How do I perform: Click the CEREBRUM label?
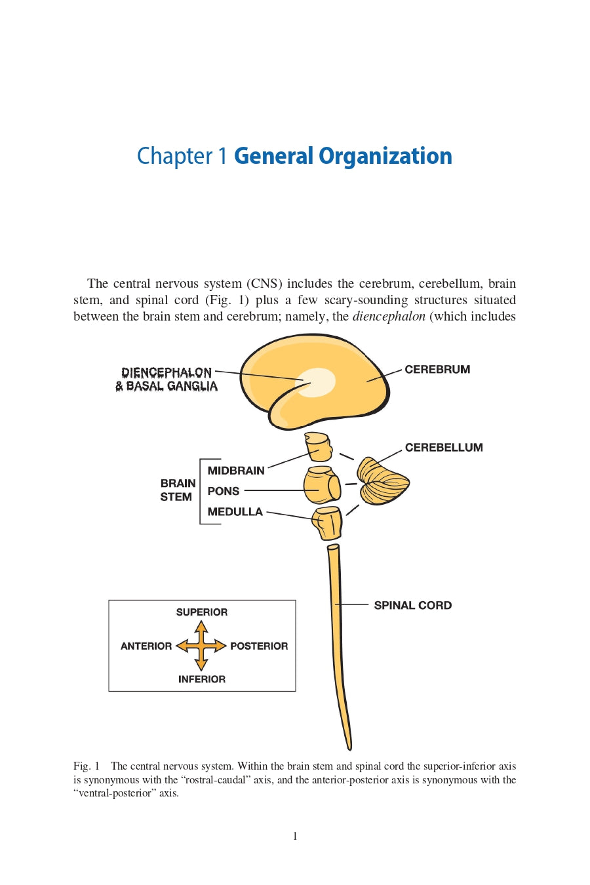437,370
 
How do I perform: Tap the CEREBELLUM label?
444,448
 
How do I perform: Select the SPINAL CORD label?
412,606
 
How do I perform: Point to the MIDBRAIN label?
236,471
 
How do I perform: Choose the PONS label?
224,491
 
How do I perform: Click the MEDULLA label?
235,512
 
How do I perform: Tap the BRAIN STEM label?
178,490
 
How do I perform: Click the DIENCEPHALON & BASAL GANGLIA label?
167,380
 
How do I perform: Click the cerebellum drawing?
382,482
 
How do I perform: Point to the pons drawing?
321,486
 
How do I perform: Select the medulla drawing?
328,522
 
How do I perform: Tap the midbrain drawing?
318,446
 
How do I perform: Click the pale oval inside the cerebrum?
317,382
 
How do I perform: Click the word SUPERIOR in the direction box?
202,612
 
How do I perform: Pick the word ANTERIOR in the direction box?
146,646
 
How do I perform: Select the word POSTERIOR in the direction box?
259,646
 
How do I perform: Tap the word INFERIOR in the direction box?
202,680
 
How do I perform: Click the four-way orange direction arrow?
201,646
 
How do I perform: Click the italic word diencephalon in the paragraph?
389,317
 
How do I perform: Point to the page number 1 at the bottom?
295,836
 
